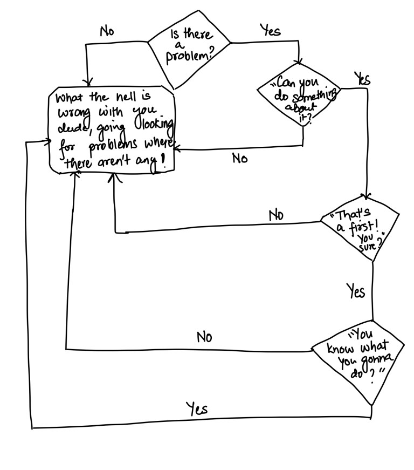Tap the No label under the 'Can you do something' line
pyautogui.click(x=240, y=159)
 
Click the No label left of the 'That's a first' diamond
pyautogui.click(x=276, y=215)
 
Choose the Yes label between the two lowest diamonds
pyautogui.click(x=355, y=291)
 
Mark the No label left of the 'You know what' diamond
pyautogui.click(x=204, y=338)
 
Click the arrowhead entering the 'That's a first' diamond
pyautogui.click(x=368, y=197)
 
